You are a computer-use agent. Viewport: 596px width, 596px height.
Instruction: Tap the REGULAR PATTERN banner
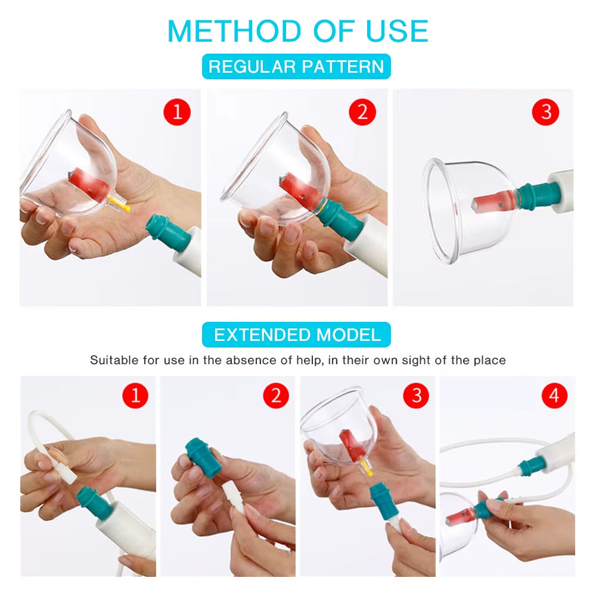click(x=296, y=66)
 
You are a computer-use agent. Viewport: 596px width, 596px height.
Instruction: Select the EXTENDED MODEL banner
click(x=297, y=334)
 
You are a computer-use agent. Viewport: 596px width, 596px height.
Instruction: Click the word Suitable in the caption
click(x=113, y=360)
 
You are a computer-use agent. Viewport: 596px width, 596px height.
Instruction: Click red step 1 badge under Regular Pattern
click(x=176, y=111)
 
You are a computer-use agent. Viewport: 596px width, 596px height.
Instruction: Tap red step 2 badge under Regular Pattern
click(x=362, y=111)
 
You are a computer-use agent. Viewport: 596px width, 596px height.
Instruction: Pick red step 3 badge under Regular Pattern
click(x=546, y=111)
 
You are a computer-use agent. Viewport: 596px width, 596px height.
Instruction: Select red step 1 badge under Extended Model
click(x=135, y=395)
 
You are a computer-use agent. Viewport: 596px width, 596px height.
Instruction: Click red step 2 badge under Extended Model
click(x=275, y=395)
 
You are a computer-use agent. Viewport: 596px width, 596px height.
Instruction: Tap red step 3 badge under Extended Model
click(x=416, y=395)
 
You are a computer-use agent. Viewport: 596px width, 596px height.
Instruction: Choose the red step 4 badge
click(x=554, y=395)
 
